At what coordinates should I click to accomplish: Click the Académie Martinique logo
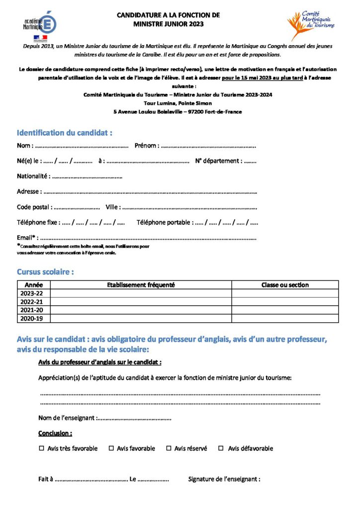pyautogui.click(x=40, y=25)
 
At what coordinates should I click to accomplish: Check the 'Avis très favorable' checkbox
pyautogui.click(x=42, y=448)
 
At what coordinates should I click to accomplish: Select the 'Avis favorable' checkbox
pyautogui.click(x=111, y=448)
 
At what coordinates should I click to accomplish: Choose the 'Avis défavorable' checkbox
pyautogui.click(x=221, y=448)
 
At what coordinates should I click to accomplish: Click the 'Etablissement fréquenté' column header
pyautogui.click(x=141, y=285)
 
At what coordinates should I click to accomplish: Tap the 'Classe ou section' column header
pyautogui.click(x=285, y=285)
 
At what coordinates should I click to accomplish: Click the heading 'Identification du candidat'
pyautogui.click(x=65, y=133)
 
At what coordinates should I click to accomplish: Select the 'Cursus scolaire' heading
pyautogui.click(x=46, y=272)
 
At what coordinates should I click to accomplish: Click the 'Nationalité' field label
pyautogui.click(x=33, y=176)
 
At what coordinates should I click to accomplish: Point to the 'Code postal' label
pyautogui.click(x=33, y=207)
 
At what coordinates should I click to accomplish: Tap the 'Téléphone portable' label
pyautogui.click(x=164, y=223)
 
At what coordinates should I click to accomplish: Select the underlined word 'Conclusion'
pyautogui.click(x=55, y=433)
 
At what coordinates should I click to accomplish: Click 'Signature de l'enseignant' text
pyautogui.click(x=224, y=479)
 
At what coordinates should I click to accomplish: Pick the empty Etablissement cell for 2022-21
pyautogui.click(x=141, y=302)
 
